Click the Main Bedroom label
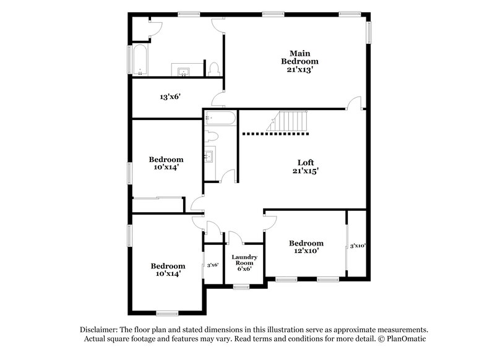click(x=299, y=61)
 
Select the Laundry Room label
click(x=244, y=263)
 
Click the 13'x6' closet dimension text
click(x=170, y=96)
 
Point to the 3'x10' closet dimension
click(x=358, y=246)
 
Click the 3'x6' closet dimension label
click(x=212, y=265)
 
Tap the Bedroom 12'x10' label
click(x=306, y=247)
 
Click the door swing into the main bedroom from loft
click(x=354, y=103)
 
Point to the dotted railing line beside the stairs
click(x=275, y=133)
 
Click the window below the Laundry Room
click(x=241, y=286)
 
